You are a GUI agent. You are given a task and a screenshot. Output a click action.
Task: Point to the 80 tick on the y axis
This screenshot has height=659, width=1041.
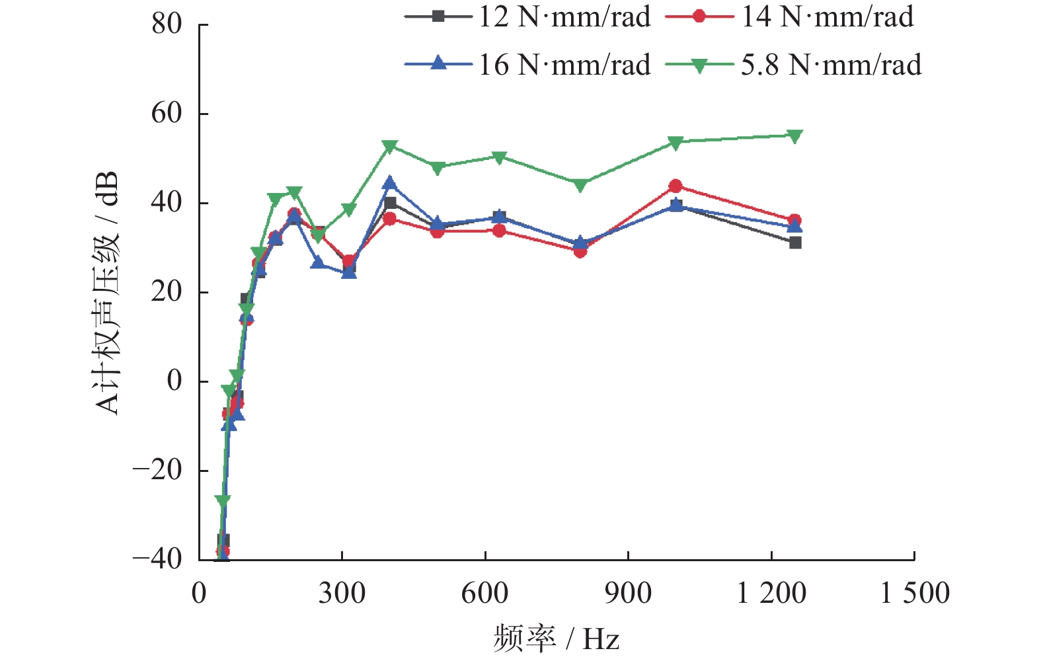(167, 24)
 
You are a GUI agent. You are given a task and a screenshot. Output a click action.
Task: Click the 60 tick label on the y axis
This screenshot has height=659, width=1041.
(167, 114)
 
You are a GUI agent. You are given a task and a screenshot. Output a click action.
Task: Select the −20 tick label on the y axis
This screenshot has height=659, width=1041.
(157, 471)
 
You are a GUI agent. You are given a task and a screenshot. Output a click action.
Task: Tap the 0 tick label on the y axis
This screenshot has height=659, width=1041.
(174, 381)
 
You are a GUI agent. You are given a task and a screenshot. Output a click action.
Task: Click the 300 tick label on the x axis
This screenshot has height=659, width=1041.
(342, 594)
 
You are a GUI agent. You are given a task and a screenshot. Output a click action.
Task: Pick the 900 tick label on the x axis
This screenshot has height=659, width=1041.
(628, 594)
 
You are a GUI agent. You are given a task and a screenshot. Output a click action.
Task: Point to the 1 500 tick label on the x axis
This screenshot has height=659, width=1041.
(915, 594)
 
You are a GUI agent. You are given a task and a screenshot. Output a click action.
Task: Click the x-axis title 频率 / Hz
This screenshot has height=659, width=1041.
(556, 639)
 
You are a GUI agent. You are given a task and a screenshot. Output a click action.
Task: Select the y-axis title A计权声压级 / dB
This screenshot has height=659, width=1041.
(107, 293)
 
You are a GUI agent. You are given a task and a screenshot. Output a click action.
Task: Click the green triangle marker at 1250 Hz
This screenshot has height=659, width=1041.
(794, 136)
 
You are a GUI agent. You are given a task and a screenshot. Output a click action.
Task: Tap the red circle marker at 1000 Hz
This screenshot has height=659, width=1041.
(675, 186)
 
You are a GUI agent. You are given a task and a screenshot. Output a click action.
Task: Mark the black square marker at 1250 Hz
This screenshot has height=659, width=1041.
(795, 243)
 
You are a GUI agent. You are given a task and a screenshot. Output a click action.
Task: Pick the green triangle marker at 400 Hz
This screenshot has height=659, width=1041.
(390, 146)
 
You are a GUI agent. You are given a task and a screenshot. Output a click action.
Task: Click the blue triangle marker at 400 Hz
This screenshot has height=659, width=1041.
(390, 183)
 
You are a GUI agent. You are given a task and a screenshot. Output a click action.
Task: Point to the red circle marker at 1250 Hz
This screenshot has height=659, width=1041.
(794, 220)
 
